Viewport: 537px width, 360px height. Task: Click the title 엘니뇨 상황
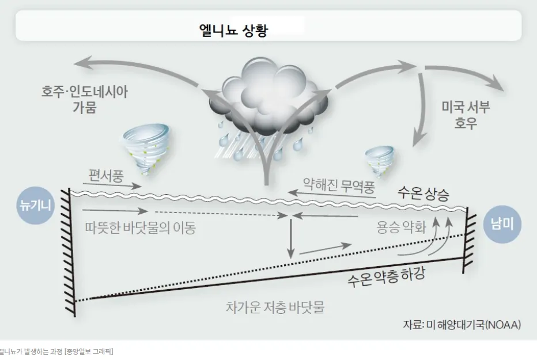click(x=233, y=29)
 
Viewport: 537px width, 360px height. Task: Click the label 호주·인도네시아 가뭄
click(x=84, y=100)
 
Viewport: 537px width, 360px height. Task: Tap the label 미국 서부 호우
click(x=465, y=116)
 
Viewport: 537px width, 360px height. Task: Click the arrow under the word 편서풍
click(x=113, y=186)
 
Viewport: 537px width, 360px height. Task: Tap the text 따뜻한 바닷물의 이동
click(x=139, y=228)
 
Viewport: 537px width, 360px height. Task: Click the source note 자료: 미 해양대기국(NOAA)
click(x=462, y=324)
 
